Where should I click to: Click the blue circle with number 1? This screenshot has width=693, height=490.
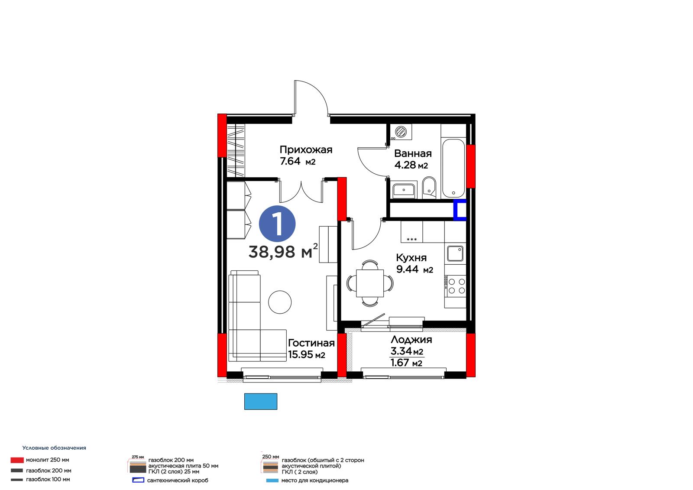[277, 224]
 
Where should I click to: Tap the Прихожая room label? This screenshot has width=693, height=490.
[306, 150]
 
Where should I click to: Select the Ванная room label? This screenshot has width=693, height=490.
[413, 153]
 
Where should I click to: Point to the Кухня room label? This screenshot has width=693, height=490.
[411, 258]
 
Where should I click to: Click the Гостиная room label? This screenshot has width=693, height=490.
[311, 343]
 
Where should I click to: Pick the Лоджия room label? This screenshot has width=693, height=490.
[411, 340]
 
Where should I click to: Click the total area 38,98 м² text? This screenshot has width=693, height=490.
[283, 251]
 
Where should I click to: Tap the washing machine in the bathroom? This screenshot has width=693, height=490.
[401, 132]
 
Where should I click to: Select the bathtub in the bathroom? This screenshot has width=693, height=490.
[453, 169]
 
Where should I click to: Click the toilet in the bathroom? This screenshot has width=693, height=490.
[429, 187]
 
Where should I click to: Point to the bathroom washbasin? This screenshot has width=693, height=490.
[403, 190]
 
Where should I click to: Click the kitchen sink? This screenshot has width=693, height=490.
[455, 253]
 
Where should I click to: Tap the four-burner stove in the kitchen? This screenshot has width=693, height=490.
[455, 286]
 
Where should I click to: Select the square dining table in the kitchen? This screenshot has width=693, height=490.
[370, 283]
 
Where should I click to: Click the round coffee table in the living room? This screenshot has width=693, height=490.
[280, 302]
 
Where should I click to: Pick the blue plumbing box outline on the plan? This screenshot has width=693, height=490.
[460, 210]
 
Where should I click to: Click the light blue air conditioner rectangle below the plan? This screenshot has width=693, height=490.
[260, 401]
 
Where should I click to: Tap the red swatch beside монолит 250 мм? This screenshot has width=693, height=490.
[17, 460]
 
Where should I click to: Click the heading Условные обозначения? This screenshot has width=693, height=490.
[54, 448]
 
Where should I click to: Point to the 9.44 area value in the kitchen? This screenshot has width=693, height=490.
[407, 269]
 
